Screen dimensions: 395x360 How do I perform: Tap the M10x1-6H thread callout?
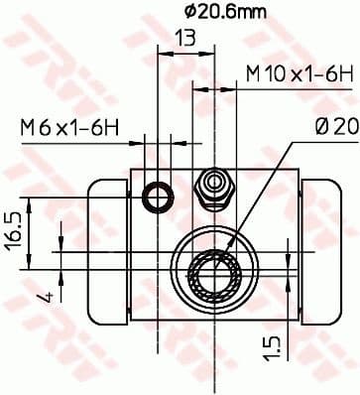(x=300, y=73)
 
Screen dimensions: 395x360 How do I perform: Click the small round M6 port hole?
(x=157, y=198)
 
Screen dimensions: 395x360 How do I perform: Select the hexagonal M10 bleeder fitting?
(x=211, y=187)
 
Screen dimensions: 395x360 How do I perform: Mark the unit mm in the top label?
(x=227, y=13)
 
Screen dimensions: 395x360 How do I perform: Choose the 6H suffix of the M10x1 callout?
(x=338, y=73)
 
